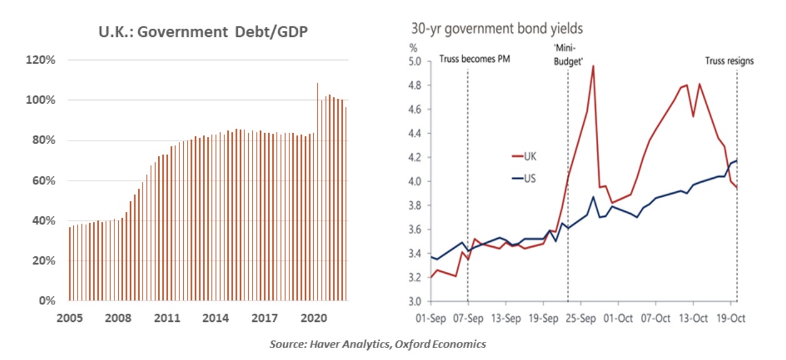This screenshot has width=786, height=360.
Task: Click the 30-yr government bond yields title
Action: [x=497, y=29]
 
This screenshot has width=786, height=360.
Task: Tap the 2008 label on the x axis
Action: [x=118, y=317]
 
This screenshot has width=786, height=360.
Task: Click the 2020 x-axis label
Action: [x=315, y=317]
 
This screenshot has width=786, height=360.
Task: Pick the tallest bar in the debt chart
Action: [x=317, y=187]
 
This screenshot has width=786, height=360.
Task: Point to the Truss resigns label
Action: [x=729, y=61]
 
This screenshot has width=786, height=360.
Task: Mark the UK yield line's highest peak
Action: [x=592, y=66]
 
